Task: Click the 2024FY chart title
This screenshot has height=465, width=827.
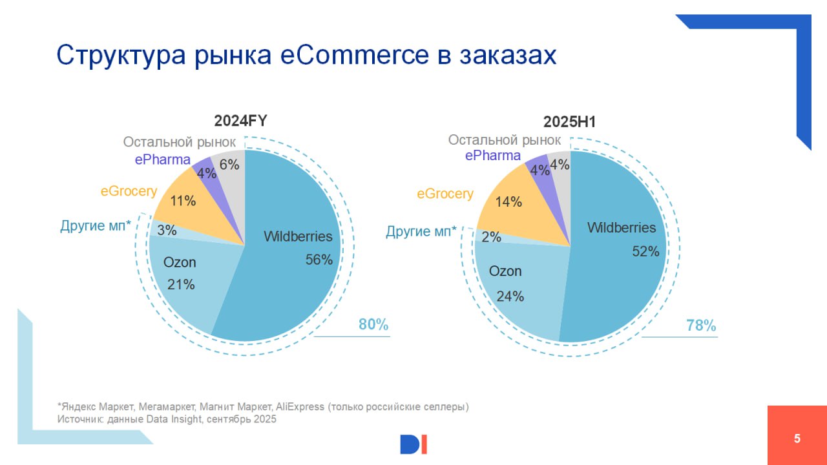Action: (x=241, y=121)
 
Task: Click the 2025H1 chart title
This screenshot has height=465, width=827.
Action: (x=570, y=122)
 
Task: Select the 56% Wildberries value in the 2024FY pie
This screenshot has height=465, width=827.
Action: (x=319, y=260)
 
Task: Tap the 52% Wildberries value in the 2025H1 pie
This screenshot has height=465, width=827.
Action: (x=645, y=252)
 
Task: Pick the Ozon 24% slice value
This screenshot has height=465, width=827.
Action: (x=510, y=296)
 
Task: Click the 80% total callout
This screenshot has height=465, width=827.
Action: (x=373, y=325)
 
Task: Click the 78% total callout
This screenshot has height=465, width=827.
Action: (x=701, y=326)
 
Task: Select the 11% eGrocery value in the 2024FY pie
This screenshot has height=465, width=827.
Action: (x=183, y=201)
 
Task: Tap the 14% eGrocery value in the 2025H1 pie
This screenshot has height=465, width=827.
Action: (x=508, y=202)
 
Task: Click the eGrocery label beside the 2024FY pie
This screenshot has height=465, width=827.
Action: (x=129, y=191)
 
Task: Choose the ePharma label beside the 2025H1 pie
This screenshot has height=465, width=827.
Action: (x=492, y=156)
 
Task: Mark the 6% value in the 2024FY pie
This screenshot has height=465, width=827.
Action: (x=229, y=165)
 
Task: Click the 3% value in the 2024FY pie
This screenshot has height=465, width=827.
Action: (x=167, y=231)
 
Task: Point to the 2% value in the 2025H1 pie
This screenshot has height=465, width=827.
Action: (x=492, y=237)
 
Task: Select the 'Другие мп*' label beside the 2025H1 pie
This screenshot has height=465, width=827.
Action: (x=421, y=231)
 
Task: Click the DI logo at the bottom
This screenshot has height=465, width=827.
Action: (x=413, y=444)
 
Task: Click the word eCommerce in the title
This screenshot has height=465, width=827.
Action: (x=353, y=56)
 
